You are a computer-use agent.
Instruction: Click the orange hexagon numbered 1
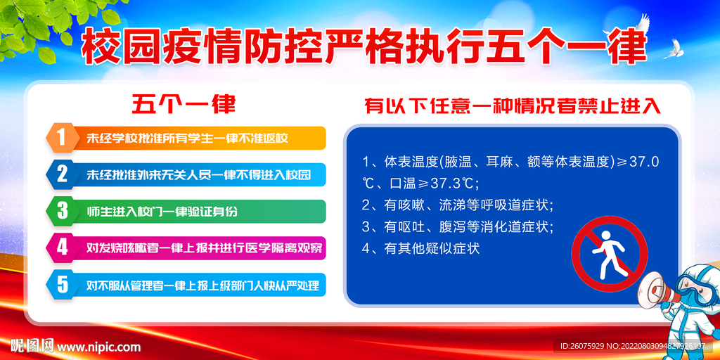pyautogui.click(x=61, y=138)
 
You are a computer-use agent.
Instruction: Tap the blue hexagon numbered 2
pyautogui.click(x=61, y=175)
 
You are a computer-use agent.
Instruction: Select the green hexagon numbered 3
pyautogui.click(x=61, y=211)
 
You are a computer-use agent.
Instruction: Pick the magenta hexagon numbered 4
pyautogui.click(x=61, y=248)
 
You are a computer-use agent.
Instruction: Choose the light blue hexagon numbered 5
pyautogui.click(x=61, y=285)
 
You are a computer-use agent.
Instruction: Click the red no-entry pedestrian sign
pyautogui.click(x=609, y=255)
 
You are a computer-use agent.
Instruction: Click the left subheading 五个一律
pyautogui.click(x=184, y=105)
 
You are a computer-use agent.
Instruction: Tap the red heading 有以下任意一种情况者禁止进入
pyautogui.click(x=513, y=106)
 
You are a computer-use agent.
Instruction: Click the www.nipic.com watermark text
pyautogui.click(x=98, y=346)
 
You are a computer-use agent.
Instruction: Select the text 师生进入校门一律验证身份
pyautogui.click(x=162, y=212)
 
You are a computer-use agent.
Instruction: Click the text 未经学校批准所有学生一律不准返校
pyautogui.click(x=187, y=139)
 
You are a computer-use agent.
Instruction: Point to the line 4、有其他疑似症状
pyautogui.click(x=420, y=248)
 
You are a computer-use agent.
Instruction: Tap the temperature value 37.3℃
pyautogui.click(x=454, y=184)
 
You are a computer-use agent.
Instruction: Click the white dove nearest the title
pyautogui.click(x=671, y=49)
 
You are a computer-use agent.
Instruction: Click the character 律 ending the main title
pyautogui.click(x=629, y=46)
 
